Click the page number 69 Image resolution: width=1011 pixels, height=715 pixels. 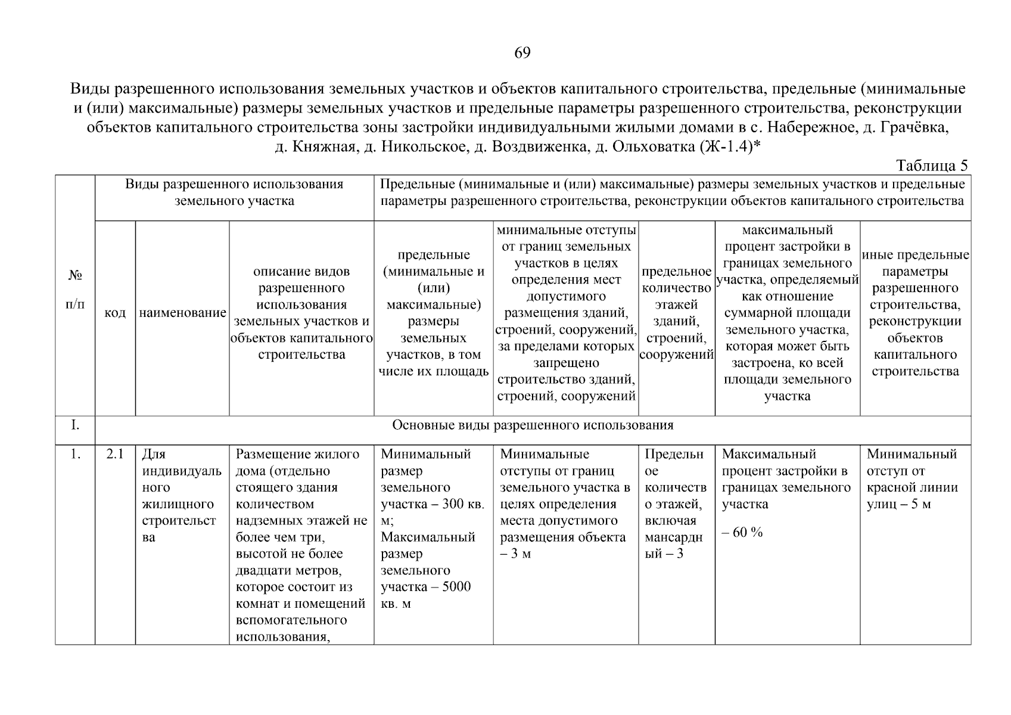[522, 53]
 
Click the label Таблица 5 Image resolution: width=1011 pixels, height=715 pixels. [932, 166]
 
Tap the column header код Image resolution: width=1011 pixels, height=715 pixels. [115, 313]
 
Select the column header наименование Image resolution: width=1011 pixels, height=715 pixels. [182, 313]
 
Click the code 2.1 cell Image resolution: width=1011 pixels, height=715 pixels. [115, 455]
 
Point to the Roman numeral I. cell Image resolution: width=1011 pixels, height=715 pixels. [74, 425]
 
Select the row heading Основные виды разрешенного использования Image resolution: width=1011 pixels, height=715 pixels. [533, 425]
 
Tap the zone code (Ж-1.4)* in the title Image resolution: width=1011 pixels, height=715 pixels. [727, 146]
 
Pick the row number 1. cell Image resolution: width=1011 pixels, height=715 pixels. [74, 455]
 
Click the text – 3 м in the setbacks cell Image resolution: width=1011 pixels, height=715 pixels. [515, 554]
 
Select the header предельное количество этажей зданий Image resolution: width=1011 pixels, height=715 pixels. [676, 313]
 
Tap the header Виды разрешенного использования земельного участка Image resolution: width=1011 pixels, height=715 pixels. [234, 192]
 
